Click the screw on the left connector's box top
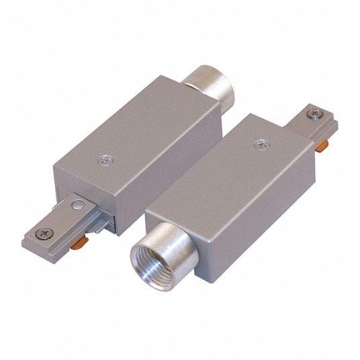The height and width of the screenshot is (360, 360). [x=105, y=160]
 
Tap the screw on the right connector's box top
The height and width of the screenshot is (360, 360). [x=260, y=144]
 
